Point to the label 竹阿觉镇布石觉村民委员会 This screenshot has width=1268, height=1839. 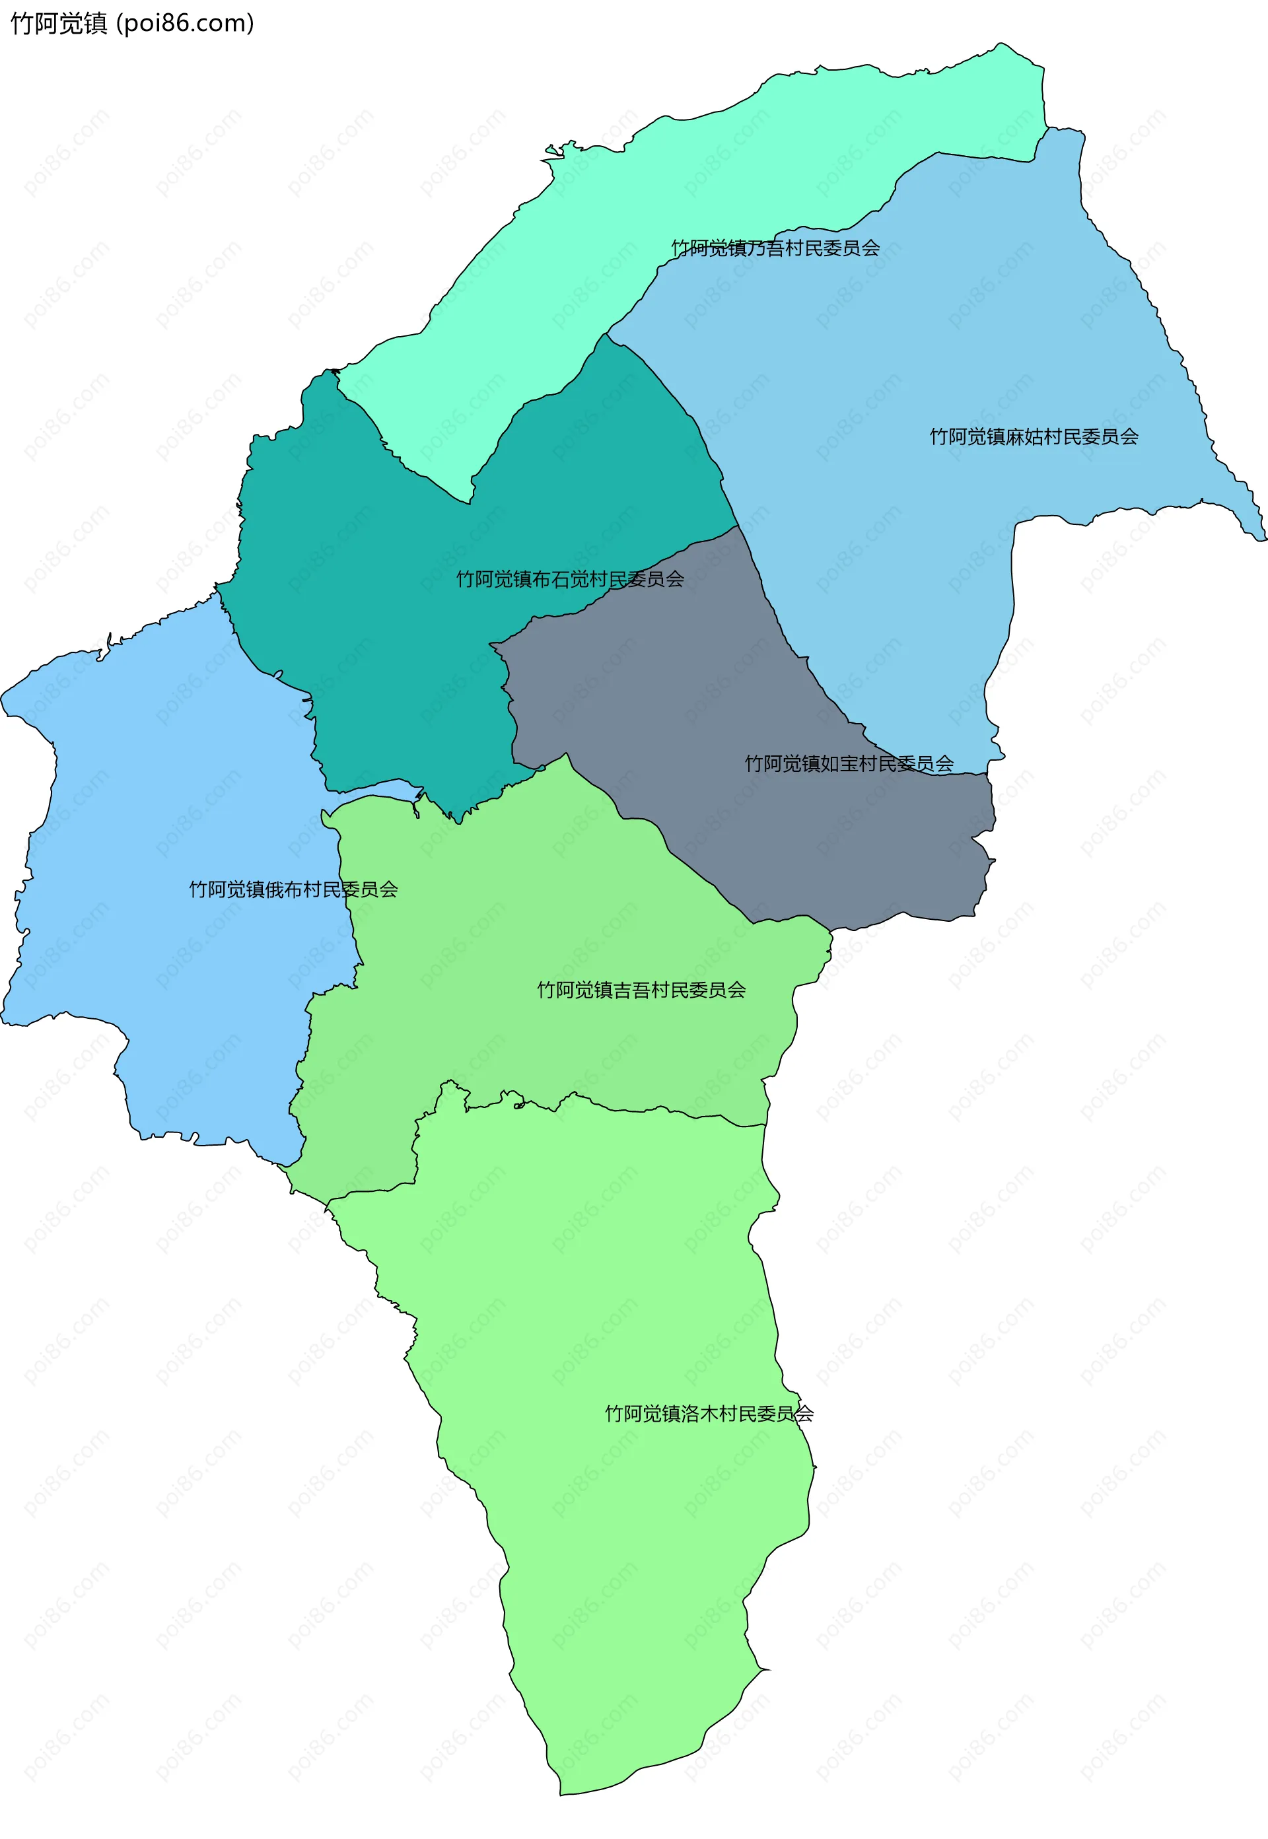(x=570, y=580)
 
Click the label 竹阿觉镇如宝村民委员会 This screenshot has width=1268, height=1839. (x=849, y=764)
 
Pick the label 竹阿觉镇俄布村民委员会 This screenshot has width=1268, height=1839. (x=293, y=889)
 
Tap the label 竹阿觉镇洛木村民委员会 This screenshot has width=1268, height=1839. (x=709, y=1414)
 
